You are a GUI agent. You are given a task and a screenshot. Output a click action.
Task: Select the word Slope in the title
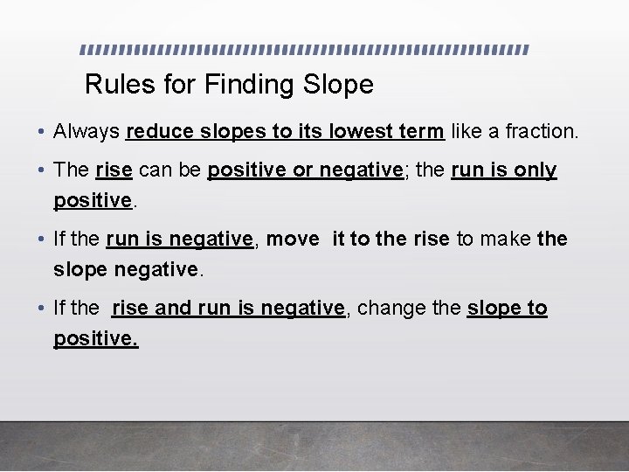(x=338, y=85)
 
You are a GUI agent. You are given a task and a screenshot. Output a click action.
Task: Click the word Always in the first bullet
(x=86, y=132)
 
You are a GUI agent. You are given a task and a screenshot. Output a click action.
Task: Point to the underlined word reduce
(x=161, y=132)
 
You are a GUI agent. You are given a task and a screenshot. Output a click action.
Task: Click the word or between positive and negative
(x=302, y=170)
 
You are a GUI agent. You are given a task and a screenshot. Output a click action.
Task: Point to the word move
(x=292, y=239)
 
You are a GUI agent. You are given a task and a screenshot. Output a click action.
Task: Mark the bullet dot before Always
(x=42, y=133)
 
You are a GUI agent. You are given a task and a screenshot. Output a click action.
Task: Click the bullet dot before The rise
(x=42, y=170)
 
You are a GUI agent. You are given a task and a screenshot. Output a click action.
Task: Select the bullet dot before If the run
(x=42, y=239)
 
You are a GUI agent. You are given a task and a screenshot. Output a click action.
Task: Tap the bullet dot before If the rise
(x=42, y=309)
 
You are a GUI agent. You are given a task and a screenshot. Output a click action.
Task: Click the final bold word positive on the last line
(x=95, y=338)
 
